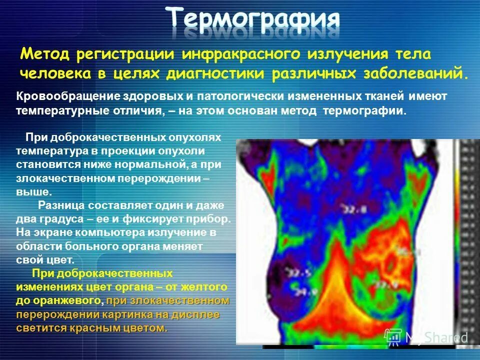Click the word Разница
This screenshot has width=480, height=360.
[x=62, y=205]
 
